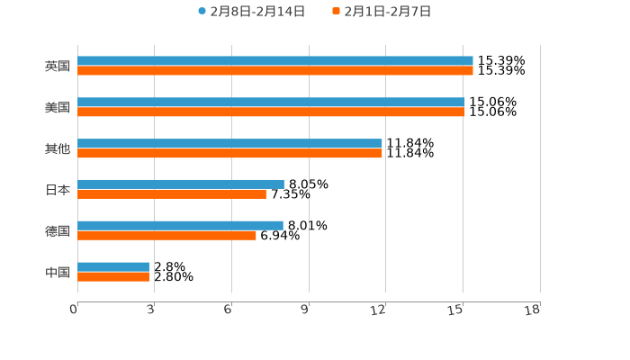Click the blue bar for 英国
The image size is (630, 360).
point(274,61)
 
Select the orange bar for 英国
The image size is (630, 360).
point(274,71)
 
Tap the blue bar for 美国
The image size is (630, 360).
point(271,103)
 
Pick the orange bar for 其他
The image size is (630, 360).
point(229,154)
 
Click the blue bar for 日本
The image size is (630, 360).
point(180,184)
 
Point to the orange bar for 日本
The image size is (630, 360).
point(171,193)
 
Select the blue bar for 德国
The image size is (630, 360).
point(180,225)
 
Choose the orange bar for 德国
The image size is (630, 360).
point(166,235)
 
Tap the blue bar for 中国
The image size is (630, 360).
point(112,266)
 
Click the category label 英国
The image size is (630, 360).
point(58,67)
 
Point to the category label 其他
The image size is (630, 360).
point(58,149)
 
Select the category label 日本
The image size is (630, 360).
point(58,190)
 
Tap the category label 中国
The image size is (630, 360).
point(58,272)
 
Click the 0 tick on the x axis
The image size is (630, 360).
point(75,310)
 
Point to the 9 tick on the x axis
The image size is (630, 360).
point(305,310)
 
